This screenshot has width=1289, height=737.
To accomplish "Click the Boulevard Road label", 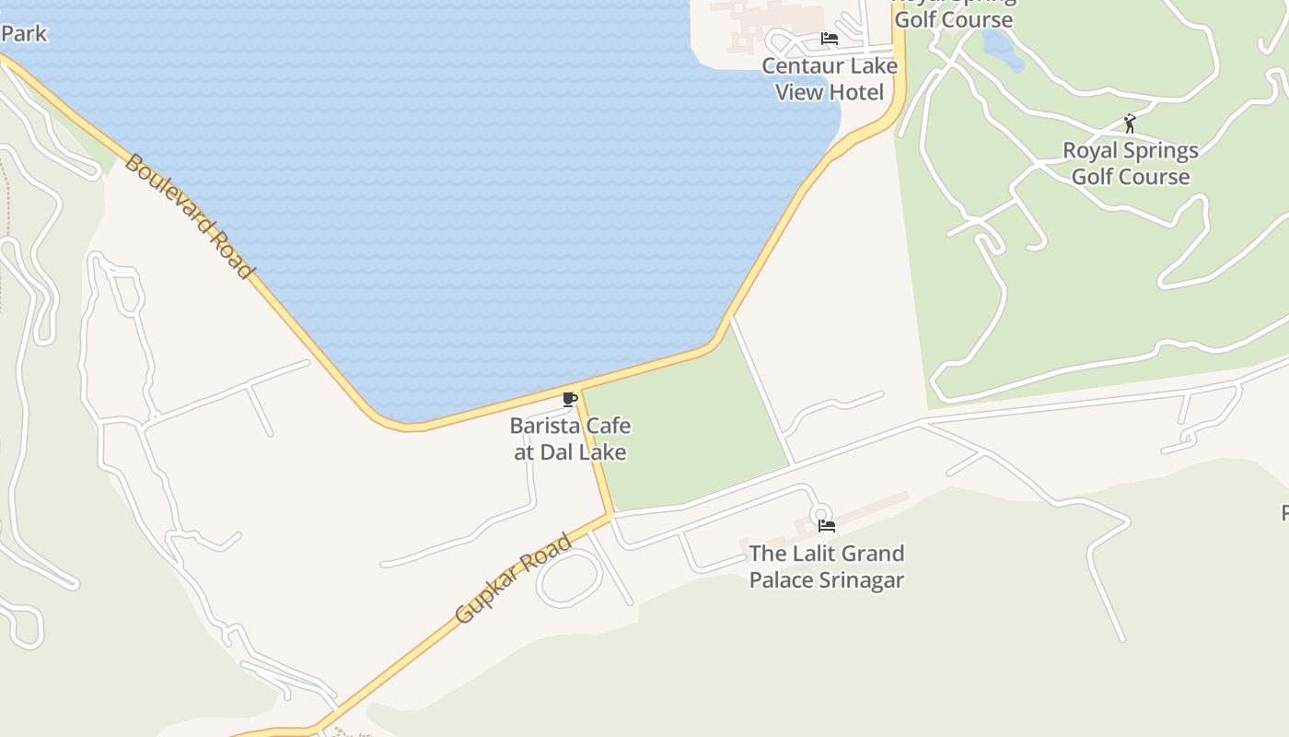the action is (188, 216).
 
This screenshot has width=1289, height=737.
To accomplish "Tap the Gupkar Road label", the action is (513, 578).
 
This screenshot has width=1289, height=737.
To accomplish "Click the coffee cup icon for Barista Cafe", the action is (570, 399).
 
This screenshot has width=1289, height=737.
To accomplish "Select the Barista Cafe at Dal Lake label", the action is (570, 439).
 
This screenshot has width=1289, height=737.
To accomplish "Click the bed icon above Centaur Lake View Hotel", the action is (829, 39).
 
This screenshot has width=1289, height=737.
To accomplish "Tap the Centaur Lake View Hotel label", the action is (829, 79).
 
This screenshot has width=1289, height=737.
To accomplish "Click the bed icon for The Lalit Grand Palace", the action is (827, 526).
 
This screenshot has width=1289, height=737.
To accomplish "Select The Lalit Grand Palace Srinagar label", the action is (826, 567).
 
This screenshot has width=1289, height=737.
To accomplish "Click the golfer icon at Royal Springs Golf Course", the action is (1130, 123).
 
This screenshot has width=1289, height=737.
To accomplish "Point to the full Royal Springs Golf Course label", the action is (1131, 163).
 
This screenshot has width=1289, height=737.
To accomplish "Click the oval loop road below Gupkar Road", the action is (569, 579).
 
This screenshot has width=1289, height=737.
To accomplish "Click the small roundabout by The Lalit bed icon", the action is (820, 514).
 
